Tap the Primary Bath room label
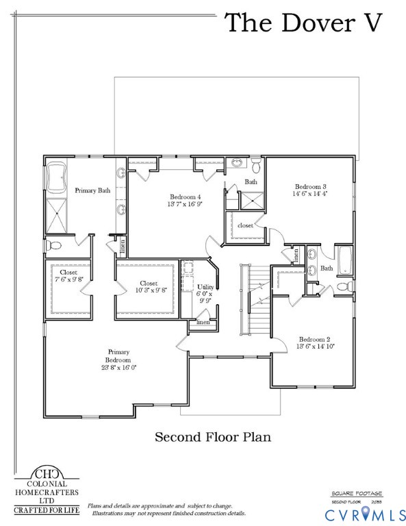tap(92, 190)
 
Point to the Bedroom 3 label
tap(311, 186)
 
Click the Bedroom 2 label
tap(314, 339)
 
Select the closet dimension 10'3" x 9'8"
tap(149, 290)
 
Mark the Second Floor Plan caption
tap(213, 436)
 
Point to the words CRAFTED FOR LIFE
tap(47, 510)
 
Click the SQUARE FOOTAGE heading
tap(356, 493)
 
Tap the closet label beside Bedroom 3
tap(245, 225)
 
